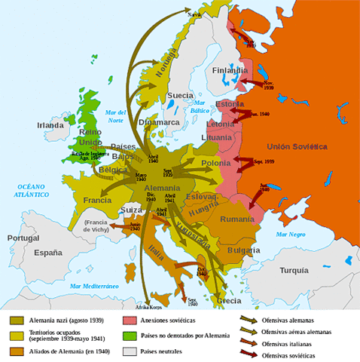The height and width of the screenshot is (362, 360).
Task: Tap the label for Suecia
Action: click(180, 96)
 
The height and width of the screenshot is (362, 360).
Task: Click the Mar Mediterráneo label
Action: click(96, 287)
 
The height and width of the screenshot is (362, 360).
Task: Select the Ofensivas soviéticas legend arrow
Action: click(245, 354)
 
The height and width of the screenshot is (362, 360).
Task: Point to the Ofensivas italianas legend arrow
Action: click(245, 343)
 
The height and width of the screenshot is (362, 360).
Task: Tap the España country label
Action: click(47, 253)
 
